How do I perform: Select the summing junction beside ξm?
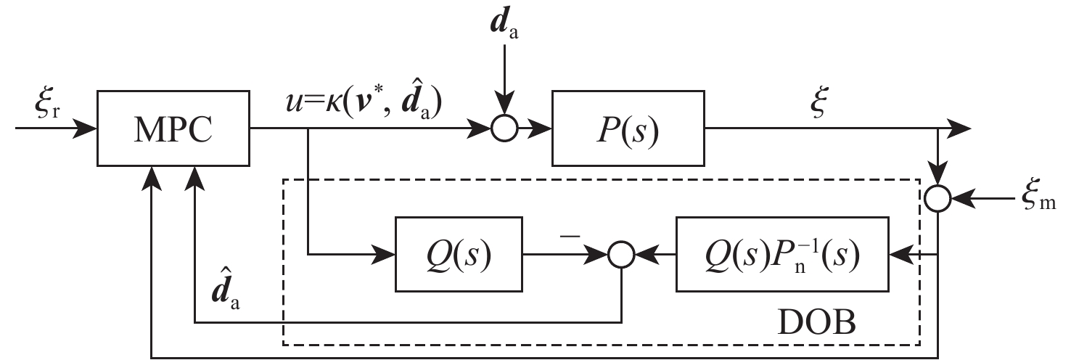939,197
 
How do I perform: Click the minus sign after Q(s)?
573,234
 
